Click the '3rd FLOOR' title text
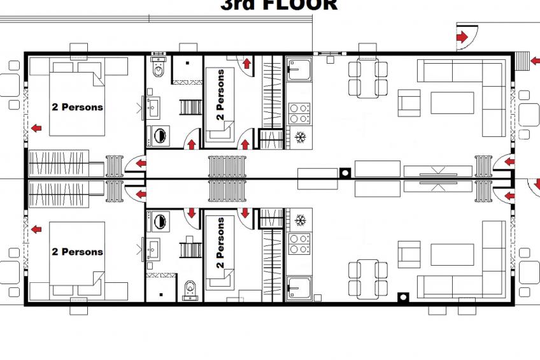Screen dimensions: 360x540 [x=278, y=5]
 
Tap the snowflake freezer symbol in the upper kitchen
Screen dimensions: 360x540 [x=299, y=137]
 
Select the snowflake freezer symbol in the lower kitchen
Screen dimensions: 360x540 [x=299, y=221]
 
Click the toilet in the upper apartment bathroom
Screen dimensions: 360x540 [x=158, y=66]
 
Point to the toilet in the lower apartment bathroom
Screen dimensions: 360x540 [x=189, y=290]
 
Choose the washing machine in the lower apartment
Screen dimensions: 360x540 [x=159, y=222]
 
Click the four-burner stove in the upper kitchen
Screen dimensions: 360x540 [x=299, y=113]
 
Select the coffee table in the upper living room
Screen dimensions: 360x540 [x=452, y=102]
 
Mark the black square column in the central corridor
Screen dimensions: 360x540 [x=345, y=172]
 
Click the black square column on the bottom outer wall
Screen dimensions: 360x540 [x=402, y=296]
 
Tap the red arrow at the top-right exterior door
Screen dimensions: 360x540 [x=461, y=38]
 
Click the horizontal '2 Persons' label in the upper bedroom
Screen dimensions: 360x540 [x=77, y=107]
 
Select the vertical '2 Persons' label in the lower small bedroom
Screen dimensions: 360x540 [x=220, y=242]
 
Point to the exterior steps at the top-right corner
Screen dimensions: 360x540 [x=522, y=61]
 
